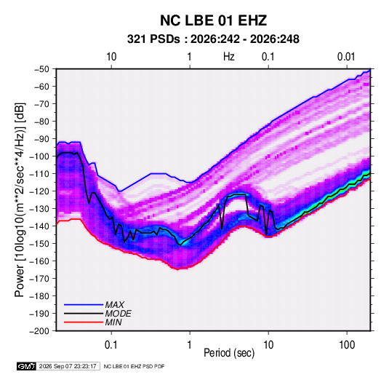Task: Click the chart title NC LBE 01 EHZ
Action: coord(213,20)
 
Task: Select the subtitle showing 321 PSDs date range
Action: coord(213,39)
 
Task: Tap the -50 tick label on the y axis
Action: coord(41,69)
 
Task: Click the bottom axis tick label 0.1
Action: coord(111,345)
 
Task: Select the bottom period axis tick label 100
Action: coord(347,345)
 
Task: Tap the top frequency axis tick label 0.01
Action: coord(346,57)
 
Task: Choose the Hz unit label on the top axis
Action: coord(229,57)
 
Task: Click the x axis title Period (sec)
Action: coord(229,353)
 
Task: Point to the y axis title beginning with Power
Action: coord(20,199)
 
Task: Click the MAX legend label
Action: coord(114,305)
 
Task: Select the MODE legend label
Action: coord(118,314)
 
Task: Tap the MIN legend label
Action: coord(113,322)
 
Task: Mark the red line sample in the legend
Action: coord(84,322)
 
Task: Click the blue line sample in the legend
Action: coord(84,305)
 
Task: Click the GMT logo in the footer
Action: coord(26,366)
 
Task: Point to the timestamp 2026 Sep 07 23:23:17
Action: coord(68,366)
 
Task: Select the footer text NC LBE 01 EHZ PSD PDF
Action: coord(134,366)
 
